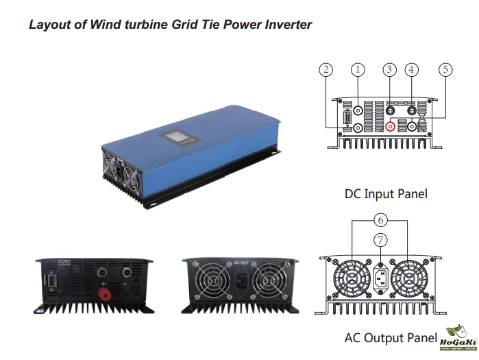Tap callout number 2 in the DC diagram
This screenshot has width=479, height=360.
pos(326,69)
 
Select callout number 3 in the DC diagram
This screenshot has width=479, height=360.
pos(390,69)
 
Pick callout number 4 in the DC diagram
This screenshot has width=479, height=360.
pos(411,69)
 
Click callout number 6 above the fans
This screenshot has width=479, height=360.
pos(382,219)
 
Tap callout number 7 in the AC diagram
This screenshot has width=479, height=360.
pos(382,240)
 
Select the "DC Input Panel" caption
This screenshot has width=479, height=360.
pos(386,194)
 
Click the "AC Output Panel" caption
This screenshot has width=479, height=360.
pos(391,338)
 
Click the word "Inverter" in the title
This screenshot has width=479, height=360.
pos(286,25)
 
